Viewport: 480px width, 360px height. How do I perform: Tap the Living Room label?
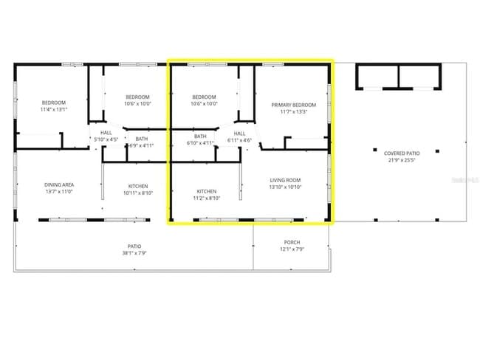tap(285, 180)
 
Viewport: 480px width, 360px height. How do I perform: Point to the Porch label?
tap(292, 242)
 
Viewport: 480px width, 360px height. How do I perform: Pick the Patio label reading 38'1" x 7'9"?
tap(134, 246)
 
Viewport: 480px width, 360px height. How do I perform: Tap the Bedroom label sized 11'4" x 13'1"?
tap(54, 103)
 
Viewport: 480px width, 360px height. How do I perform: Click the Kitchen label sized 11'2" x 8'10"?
tap(207, 192)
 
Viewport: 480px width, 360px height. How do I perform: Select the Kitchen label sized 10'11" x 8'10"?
tap(138, 185)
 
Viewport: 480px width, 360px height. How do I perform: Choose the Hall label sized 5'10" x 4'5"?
tap(105, 133)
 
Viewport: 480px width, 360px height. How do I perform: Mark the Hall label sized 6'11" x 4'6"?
tap(239, 134)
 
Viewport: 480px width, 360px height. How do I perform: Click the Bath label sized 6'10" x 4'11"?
tap(201, 136)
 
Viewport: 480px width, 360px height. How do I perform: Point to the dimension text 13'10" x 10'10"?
tap(285, 187)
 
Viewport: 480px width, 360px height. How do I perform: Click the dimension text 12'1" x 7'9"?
tap(292, 249)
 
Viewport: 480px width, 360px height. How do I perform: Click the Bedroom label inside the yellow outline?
tap(205, 97)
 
